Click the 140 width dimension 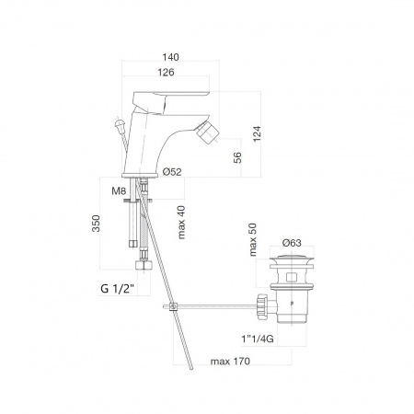point(170,57)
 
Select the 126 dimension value point(166,72)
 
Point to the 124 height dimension point(257,133)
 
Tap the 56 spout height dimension point(237,157)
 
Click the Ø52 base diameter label point(172,172)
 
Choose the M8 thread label point(119,191)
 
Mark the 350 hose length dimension point(96,224)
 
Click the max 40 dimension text point(181,223)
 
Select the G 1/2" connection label point(118,289)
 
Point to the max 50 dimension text point(253,239)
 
